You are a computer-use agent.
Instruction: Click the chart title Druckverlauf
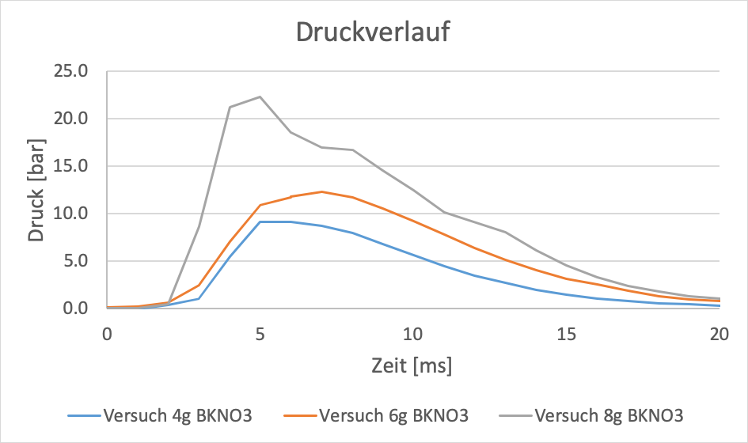[x=374, y=32]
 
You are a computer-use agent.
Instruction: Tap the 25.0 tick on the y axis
[x=82, y=71]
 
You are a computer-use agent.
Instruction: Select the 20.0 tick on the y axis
[x=82, y=119]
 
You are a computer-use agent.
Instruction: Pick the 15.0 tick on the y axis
[x=82, y=166]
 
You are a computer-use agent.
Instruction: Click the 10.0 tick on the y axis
[x=82, y=214]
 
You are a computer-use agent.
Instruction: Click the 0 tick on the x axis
[x=108, y=334]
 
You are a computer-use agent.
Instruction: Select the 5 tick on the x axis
[x=260, y=334]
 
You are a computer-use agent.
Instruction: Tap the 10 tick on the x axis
[x=413, y=334]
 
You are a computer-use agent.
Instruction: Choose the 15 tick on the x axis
[x=566, y=334]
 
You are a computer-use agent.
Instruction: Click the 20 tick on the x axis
[x=719, y=334]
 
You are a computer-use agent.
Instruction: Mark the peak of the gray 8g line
[x=260, y=97]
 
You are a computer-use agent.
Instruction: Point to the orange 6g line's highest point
[x=321, y=191]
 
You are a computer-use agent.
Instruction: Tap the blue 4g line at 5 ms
[x=260, y=221]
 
